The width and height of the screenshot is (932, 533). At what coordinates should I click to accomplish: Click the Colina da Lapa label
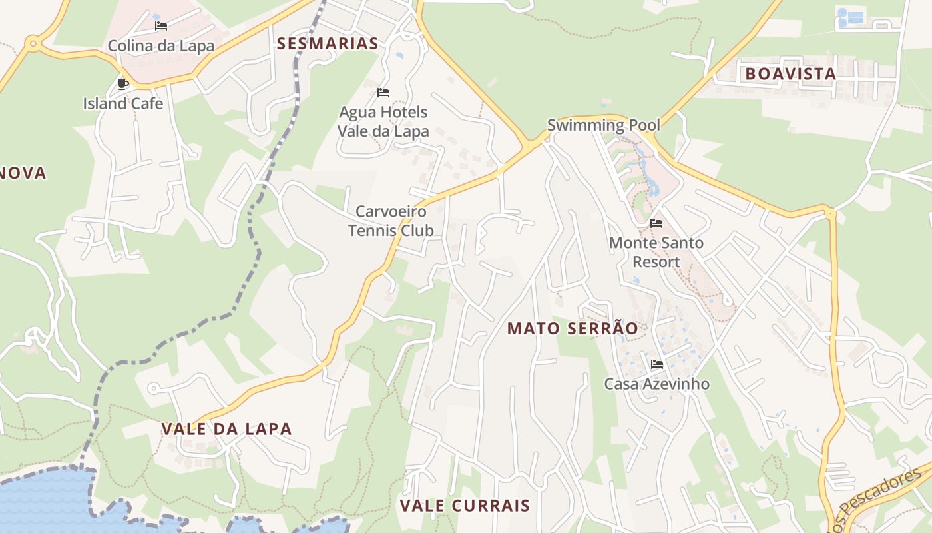[x=161, y=46]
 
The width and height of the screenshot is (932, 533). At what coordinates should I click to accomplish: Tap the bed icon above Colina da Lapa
[x=161, y=27]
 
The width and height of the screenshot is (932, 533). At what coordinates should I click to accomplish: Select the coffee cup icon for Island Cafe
[x=122, y=84]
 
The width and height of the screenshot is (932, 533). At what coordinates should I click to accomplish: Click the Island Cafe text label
[x=123, y=103]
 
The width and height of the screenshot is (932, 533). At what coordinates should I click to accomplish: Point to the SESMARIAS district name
[x=328, y=44]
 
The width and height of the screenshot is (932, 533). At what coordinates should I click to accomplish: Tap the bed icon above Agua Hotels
[x=383, y=93]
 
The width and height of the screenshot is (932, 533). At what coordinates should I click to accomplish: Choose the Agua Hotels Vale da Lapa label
[x=383, y=121]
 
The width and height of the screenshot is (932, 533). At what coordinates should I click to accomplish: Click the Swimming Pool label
[x=604, y=125]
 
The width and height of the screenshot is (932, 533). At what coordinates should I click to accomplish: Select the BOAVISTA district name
[x=791, y=74]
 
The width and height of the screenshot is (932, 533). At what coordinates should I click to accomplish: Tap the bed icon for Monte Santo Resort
[x=656, y=223]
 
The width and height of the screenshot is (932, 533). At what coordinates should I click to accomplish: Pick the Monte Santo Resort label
[x=656, y=252]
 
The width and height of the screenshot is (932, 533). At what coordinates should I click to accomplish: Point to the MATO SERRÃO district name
[x=573, y=328]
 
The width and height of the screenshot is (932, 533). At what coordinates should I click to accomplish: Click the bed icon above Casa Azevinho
[x=657, y=364]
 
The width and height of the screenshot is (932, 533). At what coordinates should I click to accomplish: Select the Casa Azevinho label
[x=656, y=384]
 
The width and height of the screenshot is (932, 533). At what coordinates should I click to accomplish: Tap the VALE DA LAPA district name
[x=227, y=429]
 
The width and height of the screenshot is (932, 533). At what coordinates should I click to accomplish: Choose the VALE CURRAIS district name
[x=465, y=506]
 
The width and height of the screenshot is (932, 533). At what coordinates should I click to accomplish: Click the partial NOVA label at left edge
[x=23, y=173]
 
